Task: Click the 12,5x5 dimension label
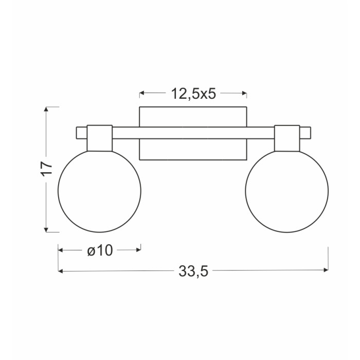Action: pos(193,94)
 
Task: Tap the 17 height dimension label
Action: pos(47,169)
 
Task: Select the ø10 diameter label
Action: pos(100,250)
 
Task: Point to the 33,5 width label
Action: pos(193,271)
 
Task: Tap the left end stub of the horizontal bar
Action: pos(82,133)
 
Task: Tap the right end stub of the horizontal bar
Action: pos(305,133)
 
